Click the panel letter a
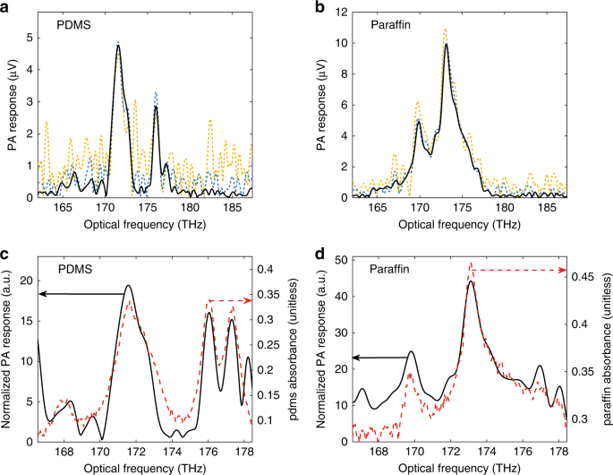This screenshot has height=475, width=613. point(7,7)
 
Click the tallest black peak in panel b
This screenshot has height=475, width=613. point(445,44)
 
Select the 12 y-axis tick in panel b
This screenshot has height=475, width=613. point(337,11)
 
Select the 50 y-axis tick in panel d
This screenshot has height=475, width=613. point(339,260)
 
